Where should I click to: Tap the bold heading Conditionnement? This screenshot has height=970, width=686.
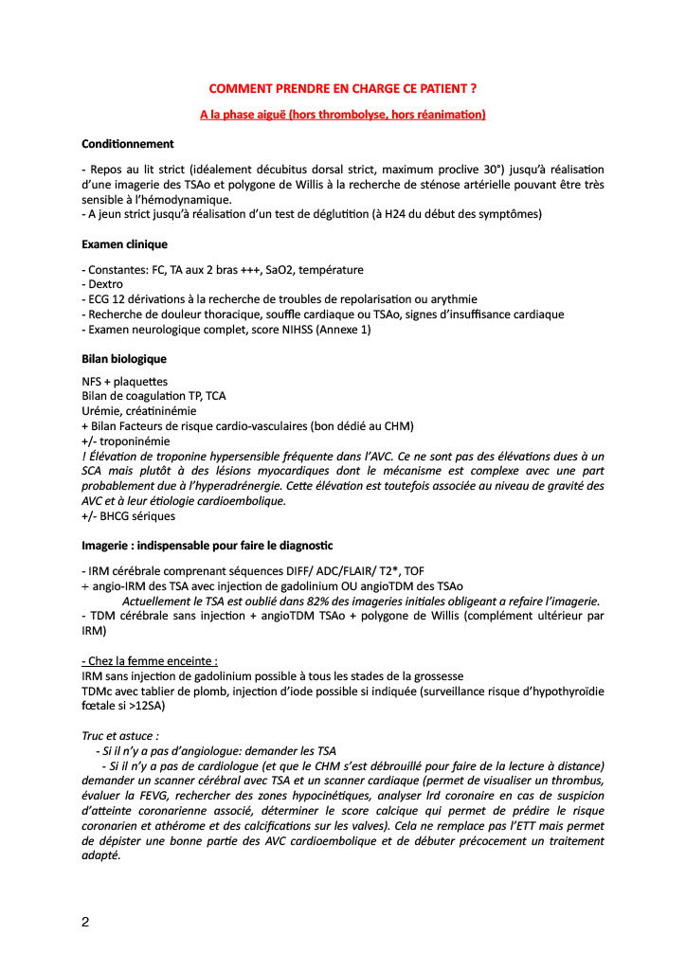pyautogui.click(x=127, y=144)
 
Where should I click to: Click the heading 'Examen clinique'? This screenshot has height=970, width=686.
pyautogui.click(x=124, y=243)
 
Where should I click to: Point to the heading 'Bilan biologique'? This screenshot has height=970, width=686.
pyautogui.click(x=124, y=360)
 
